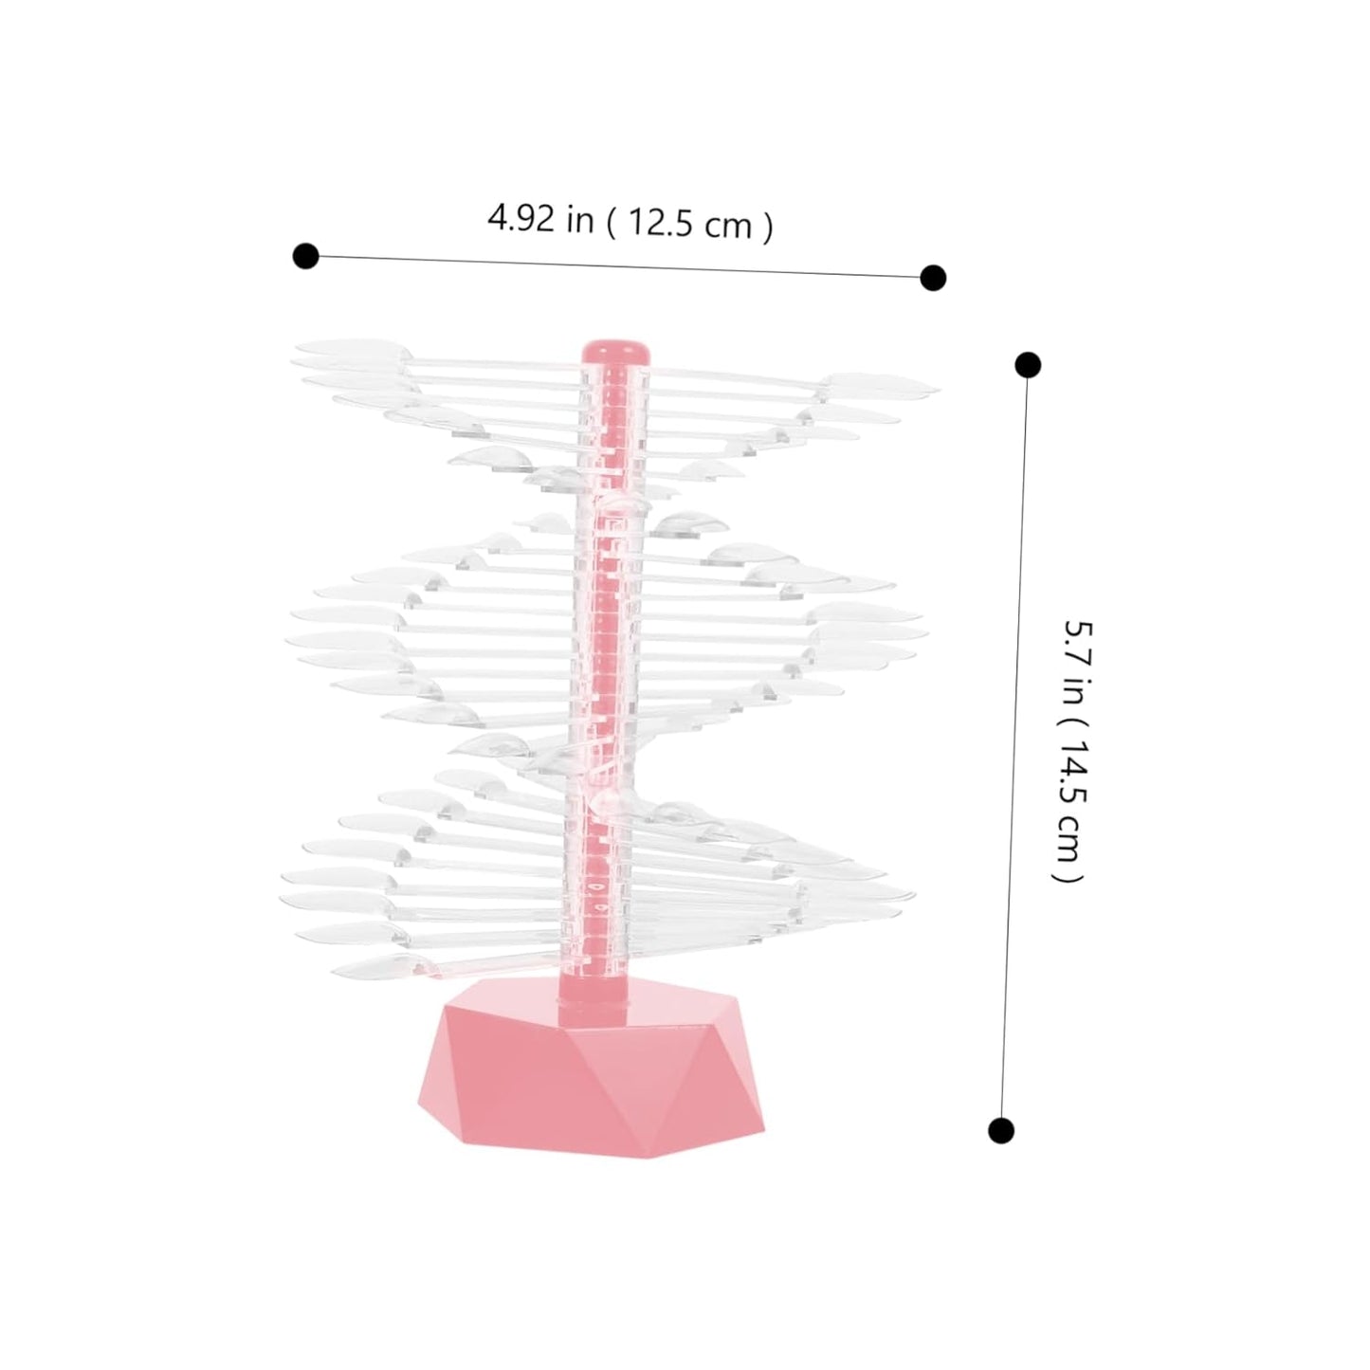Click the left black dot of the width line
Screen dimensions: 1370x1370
(305, 255)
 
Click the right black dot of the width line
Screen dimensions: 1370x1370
(933, 277)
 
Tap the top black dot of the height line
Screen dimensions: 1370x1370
(1028, 365)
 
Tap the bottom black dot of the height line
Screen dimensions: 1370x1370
(1001, 1130)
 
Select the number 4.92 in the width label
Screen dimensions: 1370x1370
(521, 218)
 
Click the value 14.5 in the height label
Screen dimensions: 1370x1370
(1071, 773)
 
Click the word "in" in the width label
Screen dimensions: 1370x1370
(579, 220)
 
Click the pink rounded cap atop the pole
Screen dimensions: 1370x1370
(616, 350)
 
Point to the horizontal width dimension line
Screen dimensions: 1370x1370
(616, 266)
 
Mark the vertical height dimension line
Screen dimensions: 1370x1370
(1014, 749)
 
